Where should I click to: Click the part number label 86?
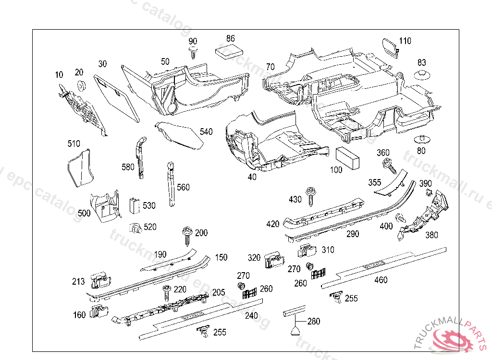(231, 38)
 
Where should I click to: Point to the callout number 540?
(206, 132)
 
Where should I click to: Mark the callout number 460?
(381, 280)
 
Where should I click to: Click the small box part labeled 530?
(135, 205)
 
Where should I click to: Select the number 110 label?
(405, 41)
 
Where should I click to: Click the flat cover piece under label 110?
(389, 48)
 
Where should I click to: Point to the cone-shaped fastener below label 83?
(422, 75)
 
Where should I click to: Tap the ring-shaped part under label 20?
(81, 86)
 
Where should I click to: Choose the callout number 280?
(314, 321)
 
